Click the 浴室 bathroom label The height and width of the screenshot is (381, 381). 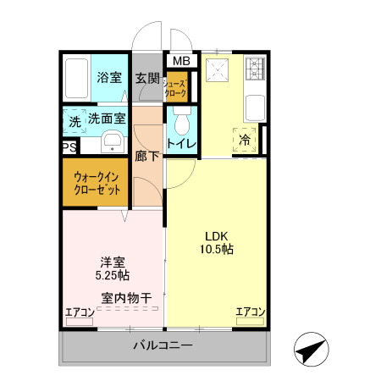coord(108,78)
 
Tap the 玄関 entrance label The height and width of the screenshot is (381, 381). coord(147,78)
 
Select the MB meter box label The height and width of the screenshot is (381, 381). coord(181,61)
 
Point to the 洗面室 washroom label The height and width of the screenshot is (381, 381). coord(108,120)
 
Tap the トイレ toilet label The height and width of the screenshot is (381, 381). coord(182,144)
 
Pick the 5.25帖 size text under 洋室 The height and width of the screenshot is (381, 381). coord(112,275)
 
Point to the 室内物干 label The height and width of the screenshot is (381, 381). coord(126,297)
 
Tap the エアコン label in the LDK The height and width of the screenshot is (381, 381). coord(250,312)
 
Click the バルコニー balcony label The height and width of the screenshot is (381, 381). coord(163,346)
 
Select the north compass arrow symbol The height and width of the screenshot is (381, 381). coord(311,349)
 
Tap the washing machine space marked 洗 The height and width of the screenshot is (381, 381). coord(75,122)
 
